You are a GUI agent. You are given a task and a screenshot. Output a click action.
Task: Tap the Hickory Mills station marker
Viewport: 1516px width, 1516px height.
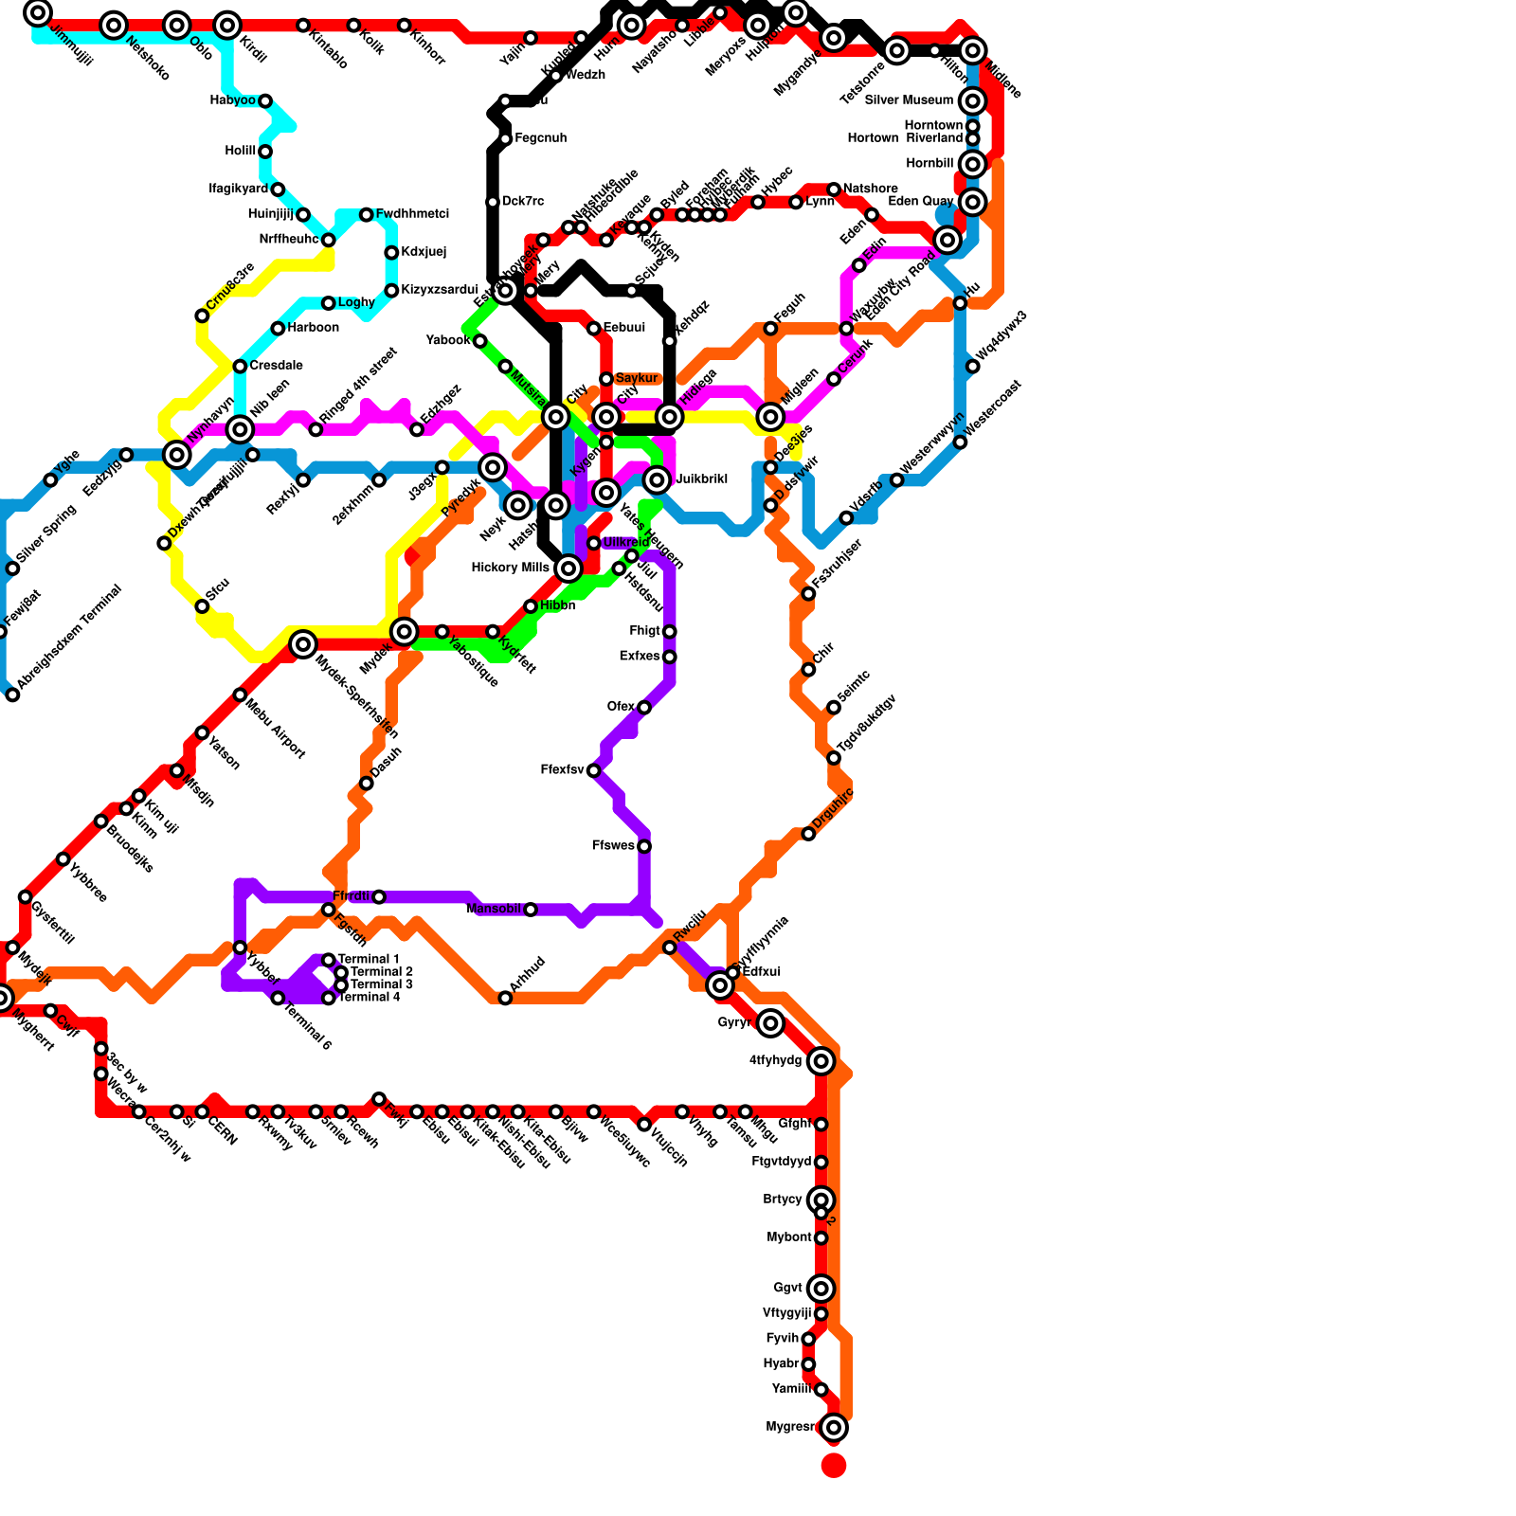click(568, 568)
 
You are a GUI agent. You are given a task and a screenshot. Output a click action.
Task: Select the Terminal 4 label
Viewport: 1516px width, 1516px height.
click(369, 998)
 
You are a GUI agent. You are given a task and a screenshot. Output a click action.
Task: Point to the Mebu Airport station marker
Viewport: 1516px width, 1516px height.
click(240, 695)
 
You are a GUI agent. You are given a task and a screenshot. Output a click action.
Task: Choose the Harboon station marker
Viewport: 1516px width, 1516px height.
click(278, 329)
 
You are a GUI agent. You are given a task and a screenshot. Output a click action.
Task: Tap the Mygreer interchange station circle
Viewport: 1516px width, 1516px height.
click(834, 1428)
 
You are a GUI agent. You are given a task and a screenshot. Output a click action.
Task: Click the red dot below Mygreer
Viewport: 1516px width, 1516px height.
click(834, 1466)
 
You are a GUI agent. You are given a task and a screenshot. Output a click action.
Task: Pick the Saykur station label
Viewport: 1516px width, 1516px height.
click(636, 379)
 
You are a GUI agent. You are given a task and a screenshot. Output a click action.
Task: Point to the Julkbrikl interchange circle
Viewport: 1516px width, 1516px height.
click(657, 480)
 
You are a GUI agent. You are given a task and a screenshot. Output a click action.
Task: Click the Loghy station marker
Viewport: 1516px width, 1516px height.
click(328, 303)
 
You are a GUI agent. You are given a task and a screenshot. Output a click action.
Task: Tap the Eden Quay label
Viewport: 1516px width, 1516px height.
click(924, 202)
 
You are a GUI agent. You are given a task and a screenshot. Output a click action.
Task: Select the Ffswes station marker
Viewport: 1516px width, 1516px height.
click(644, 846)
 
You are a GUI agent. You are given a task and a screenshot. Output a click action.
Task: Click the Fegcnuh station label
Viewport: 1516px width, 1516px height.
click(540, 139)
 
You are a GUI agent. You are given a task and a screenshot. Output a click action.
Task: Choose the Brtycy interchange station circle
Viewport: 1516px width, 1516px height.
click(821, 1200)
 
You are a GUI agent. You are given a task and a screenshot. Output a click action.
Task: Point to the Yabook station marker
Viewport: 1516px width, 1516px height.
click(480, 341)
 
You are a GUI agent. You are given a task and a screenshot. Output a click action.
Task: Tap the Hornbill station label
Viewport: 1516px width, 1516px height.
click(929, 164)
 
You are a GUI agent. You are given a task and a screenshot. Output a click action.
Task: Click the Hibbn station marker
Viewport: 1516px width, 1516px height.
click(531, 606)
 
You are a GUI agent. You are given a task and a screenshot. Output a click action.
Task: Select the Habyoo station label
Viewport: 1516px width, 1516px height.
click(232, 101)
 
